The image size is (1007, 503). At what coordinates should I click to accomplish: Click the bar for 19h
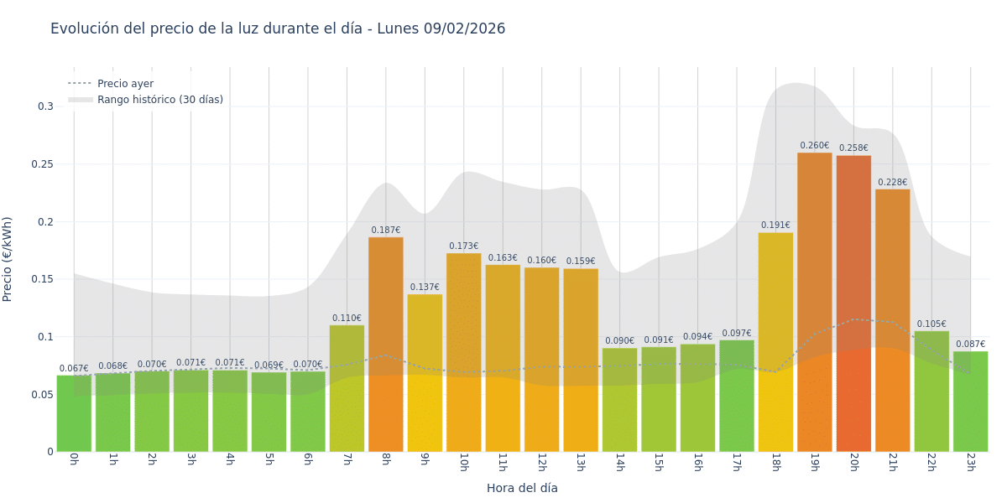(x=814, y=302)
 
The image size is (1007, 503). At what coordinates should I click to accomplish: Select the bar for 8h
(x=385, y=344)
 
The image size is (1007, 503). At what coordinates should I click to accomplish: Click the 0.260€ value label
(x=814, y=146)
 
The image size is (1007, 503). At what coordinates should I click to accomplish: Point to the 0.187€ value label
(x=385, y=231)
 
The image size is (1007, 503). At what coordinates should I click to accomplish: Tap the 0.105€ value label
(x=931, y=324)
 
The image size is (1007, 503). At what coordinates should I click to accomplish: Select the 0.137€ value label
(x=425, y=288)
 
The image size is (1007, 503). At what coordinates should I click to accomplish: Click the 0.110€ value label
(x=347, y=319)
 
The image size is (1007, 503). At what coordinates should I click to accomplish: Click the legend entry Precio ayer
(x=125, y=84)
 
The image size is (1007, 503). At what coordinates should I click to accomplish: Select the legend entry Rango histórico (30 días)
(x=159, y=100)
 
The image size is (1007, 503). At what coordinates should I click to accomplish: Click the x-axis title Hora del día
(x=522, y=488)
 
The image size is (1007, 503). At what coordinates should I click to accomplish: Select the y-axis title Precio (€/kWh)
(x=8, y=259)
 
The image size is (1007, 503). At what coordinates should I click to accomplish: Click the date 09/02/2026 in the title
(x=464, y=29)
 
